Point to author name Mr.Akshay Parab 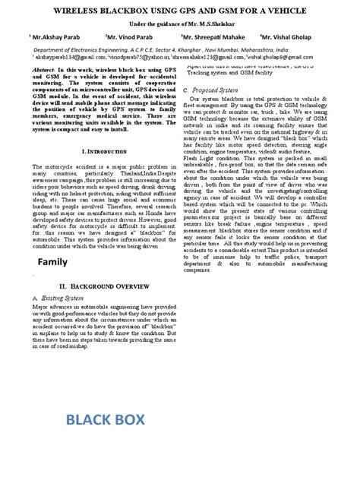pos(52,36)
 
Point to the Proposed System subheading pos(222,89)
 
